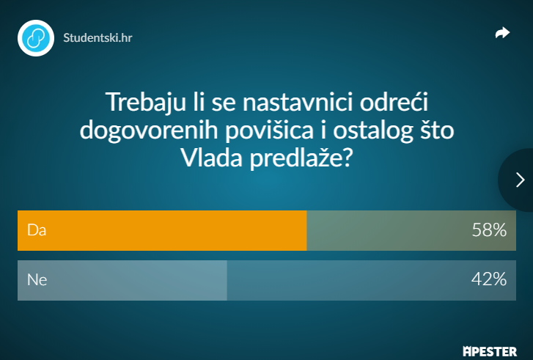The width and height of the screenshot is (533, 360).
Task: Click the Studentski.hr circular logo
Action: click(x=36, y=37)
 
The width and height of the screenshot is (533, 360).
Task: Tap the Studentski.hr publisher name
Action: click(x=98, y=37)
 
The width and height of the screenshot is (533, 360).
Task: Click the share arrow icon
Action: click(x=502, y=33)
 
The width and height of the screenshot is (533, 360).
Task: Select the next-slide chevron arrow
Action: click(x=520, y=180)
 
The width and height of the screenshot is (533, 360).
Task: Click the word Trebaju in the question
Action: click(x=146, y=102)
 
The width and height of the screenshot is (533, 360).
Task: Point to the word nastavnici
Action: click(x=298, y=102)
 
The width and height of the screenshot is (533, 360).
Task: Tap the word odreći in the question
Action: click(x=394, y=102)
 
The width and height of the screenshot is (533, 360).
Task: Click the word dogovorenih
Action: click(x=149, y=131)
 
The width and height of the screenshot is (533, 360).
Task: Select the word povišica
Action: click(x=269, y=131)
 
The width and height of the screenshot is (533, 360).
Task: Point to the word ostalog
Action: click(x=373, y=131)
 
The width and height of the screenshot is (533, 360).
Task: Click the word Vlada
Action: click(x=211, y=158)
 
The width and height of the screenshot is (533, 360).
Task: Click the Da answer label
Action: click(x=37, y=230)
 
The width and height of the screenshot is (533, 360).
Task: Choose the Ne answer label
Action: click(x=37, y=280)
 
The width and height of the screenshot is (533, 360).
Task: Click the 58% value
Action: click(x=489, y=230)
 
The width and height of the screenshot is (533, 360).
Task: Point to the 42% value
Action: click(x=489, y=279)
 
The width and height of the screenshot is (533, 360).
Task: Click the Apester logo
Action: click(x=490, y=351)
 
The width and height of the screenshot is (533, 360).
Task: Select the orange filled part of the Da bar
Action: click(x=162, y=230)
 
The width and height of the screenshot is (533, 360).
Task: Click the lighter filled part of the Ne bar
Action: click(x=122, y=281)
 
